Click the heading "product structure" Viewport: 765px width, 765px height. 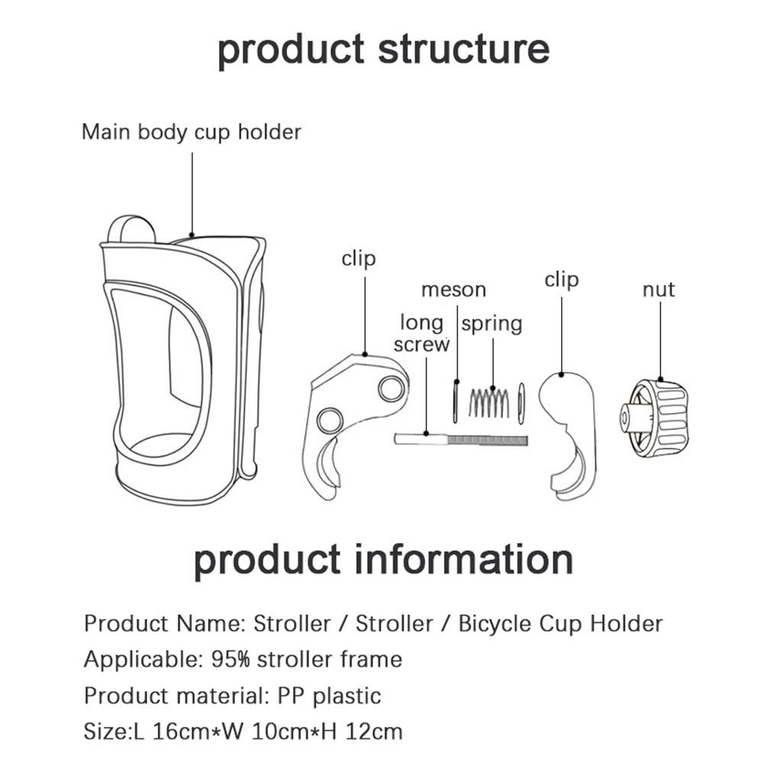383,48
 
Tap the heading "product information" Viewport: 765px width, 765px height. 383,559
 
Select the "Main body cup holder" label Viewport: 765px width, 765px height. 192,132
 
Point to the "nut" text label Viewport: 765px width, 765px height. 658,290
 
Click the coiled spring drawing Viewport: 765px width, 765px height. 489,402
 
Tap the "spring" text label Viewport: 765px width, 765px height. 492,324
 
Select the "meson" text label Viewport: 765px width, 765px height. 454,290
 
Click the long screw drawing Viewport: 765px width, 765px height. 461,440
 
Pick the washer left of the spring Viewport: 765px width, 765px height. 456,402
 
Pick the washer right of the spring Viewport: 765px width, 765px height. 521,402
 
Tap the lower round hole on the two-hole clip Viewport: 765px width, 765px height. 330,419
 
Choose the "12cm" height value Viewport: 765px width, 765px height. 373,732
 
